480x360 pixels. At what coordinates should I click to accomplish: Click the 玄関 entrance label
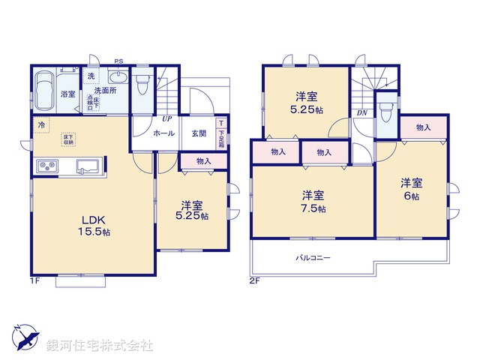(x=198, y=133)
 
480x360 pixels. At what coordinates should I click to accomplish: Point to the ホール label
(x=163, y=133)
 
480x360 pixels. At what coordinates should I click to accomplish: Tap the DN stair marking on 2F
(x=361, y=114)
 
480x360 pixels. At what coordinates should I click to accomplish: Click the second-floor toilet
(x=385, y=112)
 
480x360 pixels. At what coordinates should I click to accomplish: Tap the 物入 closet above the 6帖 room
(x=422, y=127)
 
